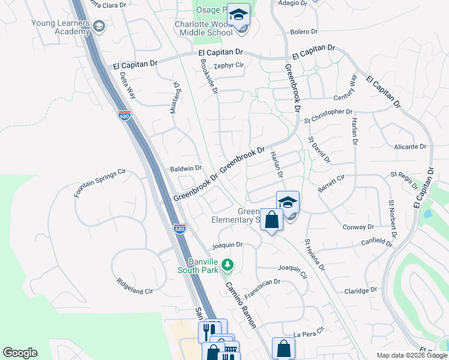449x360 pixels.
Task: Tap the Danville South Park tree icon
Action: [227, 264]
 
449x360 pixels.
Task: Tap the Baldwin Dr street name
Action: [185, 169]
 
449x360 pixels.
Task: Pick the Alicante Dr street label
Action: [410, 146]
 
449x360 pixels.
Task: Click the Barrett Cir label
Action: [332, 183]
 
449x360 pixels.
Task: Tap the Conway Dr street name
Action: [358, 227]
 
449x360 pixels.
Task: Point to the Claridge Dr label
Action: [361, 290]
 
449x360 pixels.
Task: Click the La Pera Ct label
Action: [309, 333]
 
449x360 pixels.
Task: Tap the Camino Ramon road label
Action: [241, 305]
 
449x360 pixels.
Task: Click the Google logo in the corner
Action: [20, 353]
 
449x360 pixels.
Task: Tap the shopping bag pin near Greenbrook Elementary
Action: [272, 220]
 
